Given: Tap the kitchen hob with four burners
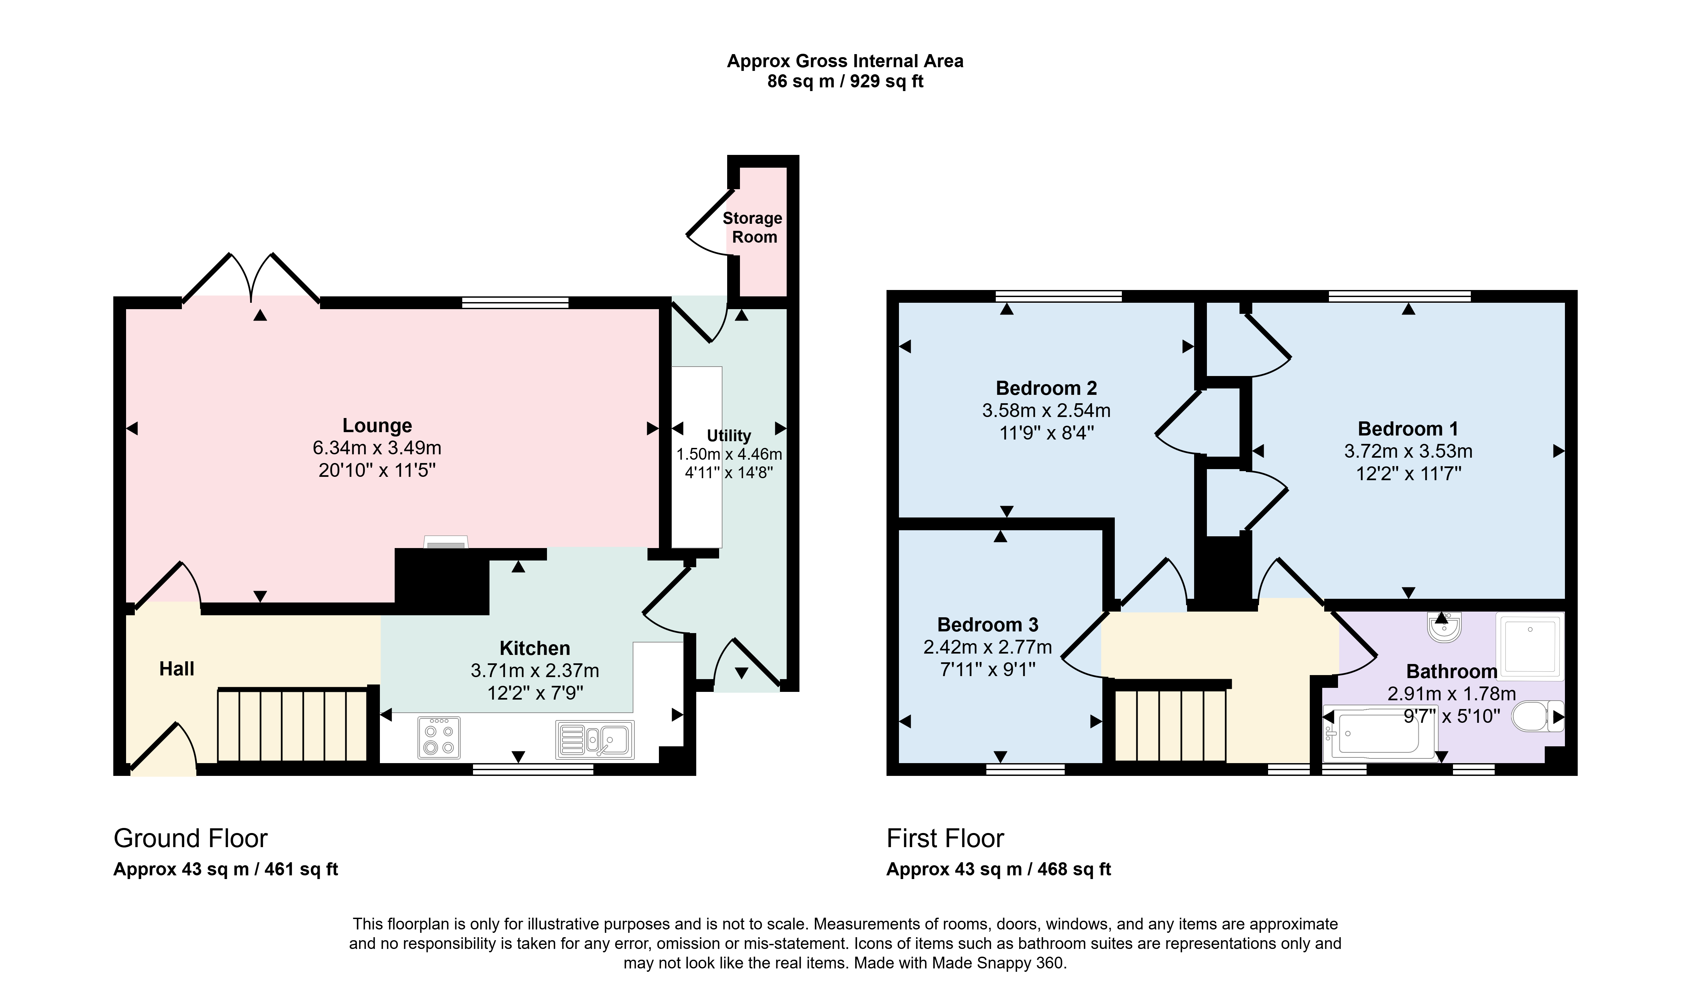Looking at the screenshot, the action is coord(439,738).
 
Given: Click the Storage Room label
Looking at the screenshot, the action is coord(753,227).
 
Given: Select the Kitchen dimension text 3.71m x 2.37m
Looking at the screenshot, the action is coord(535,670).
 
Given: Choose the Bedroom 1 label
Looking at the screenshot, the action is coord(1408,429).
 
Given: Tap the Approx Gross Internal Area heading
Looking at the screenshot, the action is coord(845,61).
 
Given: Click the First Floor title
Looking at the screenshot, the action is coord(945,839).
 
